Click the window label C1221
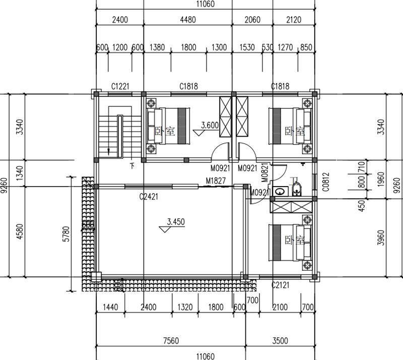point(120,87)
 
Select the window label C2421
point(149,197)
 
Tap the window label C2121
point(280,285)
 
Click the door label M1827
point(216,181)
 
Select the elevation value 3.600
point(210,125)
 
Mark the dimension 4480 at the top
point(188,20)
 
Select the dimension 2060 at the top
point(251,20)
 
